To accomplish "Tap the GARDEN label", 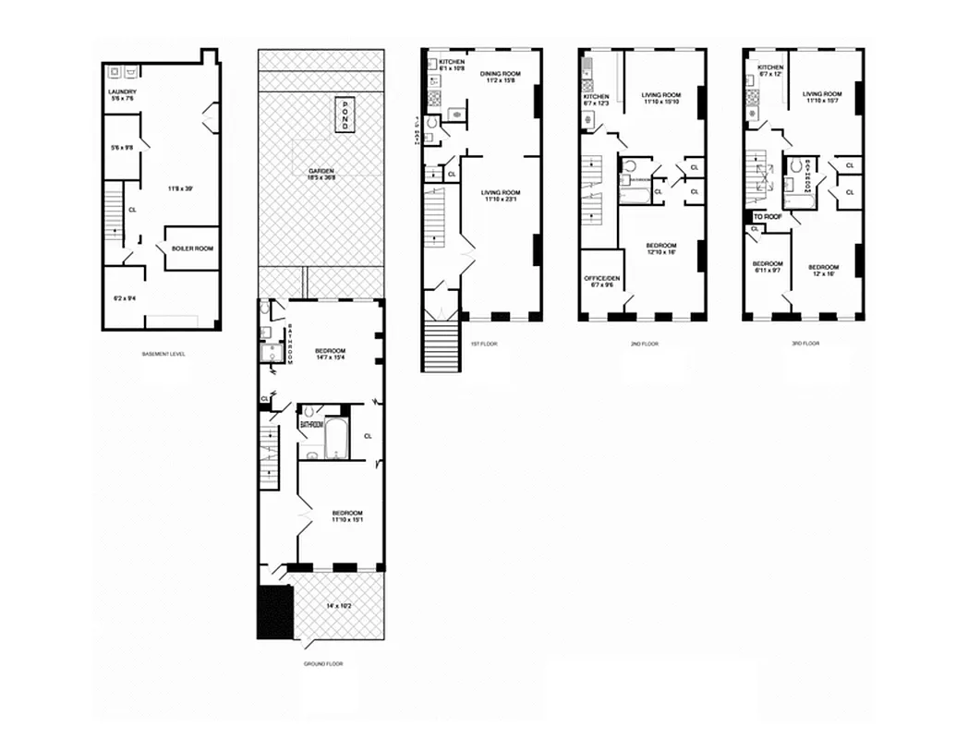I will [321, 172].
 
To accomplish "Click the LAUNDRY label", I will [122, 91].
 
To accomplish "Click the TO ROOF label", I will [766, 216].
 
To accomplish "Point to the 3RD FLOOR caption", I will [805, 344].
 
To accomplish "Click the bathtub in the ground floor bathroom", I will [335, 437].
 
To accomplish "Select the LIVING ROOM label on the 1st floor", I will [501, 192].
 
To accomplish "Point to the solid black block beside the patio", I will [275, 611].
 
